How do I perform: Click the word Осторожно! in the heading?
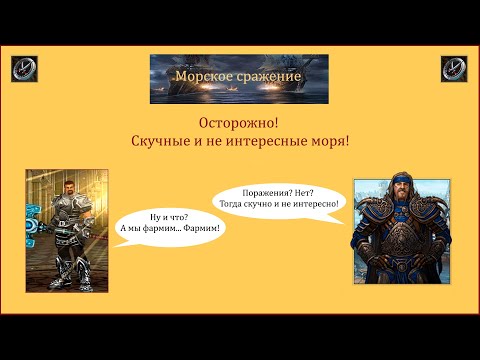240,123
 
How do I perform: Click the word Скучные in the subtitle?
163,143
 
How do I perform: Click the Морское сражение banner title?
237,77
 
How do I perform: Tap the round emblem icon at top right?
454,69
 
